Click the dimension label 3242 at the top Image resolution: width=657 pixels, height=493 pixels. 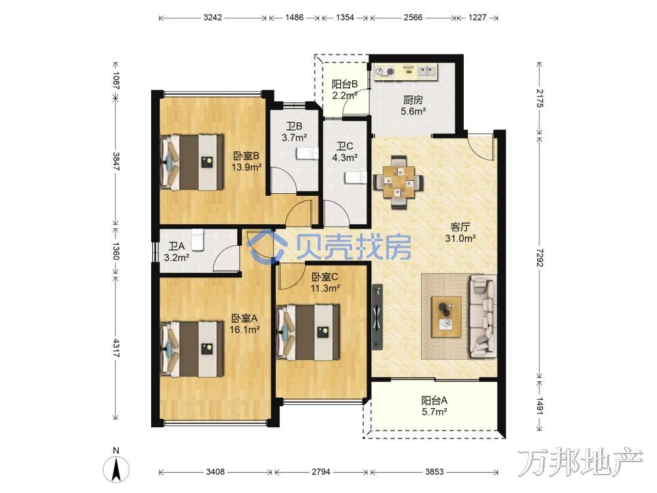212,18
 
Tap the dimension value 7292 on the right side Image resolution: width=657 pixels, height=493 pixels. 539,258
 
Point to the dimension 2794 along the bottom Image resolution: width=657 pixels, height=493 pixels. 321,471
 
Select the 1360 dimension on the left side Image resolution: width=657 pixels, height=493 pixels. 116,250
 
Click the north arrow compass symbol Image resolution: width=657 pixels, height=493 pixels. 116,465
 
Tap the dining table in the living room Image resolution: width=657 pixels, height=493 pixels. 398,182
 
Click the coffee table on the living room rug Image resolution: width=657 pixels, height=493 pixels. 447,317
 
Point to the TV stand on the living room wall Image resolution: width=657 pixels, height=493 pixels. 377,317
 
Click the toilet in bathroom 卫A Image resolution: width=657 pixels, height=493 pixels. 197,239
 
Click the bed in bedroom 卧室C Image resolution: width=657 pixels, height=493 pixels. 307,332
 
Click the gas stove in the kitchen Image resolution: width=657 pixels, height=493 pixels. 384,72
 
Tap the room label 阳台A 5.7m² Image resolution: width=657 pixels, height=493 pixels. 434,406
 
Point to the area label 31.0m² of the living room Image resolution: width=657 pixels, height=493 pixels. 460,239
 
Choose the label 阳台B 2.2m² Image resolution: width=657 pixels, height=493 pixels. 344,89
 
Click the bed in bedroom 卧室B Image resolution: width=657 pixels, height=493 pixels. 192,162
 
